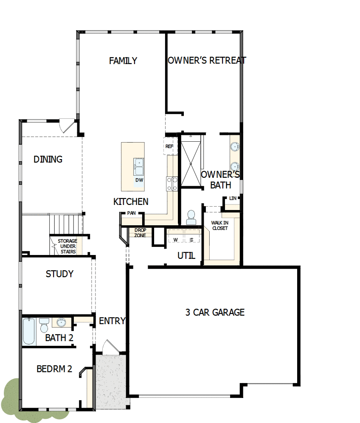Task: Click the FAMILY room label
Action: (123, 61)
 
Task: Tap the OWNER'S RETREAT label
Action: (207, 61)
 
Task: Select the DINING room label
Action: (48, 160)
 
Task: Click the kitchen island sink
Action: (139, 166)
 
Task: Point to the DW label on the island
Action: (139, 180)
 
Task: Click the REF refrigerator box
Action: (170, 146)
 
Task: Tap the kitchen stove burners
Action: (172, 183)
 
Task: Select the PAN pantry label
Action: (131, 213)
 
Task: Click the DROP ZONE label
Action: (140, 233)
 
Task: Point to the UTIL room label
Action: (186, 256)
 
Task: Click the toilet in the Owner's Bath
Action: (191, 217)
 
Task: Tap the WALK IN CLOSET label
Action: (220, 225)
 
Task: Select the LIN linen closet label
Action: (233, 199)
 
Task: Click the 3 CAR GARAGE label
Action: (215, 313)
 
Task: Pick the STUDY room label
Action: (59, 274)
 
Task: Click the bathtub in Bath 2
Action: (29, 331)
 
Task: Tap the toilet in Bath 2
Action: (44, 326)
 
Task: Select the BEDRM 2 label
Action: (54, 369)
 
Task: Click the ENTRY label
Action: (112, 321)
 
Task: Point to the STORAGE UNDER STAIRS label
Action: (67, 247)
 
